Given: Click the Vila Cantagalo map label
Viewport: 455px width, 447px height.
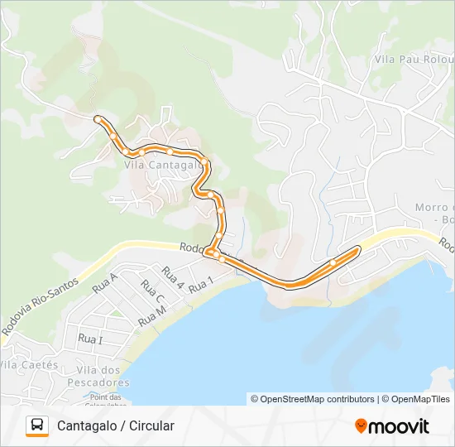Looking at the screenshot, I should (x=163, y=165).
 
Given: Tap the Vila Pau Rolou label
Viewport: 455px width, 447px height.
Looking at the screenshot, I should (x=414, y=59).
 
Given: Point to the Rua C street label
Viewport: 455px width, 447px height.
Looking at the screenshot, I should (x=153, y=292).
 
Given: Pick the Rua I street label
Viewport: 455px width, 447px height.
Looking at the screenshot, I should (x=90, y=339).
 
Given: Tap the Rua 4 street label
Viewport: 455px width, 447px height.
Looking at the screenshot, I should (x=173, y=276).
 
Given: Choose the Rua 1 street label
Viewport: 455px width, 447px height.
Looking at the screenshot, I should (x=201, y=285).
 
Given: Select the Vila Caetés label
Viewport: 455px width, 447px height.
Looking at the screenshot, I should (x=29, y=364).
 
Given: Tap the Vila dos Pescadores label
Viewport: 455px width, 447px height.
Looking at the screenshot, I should (x=103, y=377).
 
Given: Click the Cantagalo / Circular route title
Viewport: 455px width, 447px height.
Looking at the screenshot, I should (x=116, y=425).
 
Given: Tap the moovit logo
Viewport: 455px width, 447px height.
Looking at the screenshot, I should (x=392, y=426).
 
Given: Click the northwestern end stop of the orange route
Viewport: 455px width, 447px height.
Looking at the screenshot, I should (x=98, y=119).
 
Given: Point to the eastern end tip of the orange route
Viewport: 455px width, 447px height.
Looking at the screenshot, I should (x=358, y=248).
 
